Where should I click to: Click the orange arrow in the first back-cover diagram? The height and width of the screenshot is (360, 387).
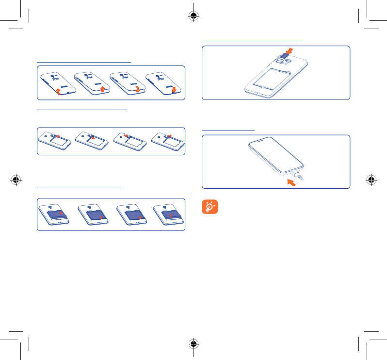coord(58,91)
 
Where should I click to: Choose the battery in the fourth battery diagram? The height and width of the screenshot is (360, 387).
coord(169,214)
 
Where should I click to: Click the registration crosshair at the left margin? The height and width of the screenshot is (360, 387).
coord(16,180)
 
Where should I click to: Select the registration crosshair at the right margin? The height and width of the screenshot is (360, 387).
coord(371,180)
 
